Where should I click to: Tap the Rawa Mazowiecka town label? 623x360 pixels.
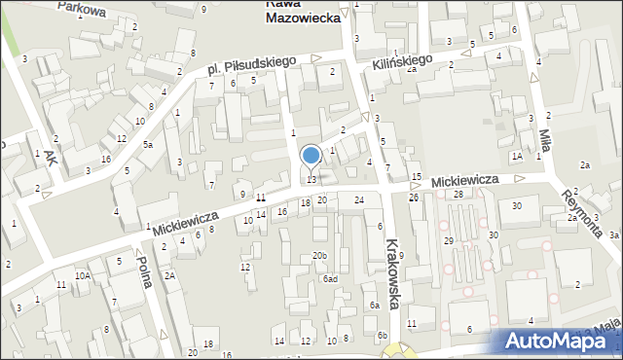(x=303, y=11)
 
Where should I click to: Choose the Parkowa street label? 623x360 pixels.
(x=81, y=9)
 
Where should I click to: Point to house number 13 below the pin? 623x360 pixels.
(x=311, y=179)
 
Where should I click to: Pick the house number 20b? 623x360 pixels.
(x=319, y=256)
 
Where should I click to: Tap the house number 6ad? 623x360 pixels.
(x=330, y=278)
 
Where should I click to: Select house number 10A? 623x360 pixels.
(x=84, y=276)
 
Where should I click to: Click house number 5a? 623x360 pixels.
(x=148, y=145)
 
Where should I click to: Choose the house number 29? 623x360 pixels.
(x=449, y=240)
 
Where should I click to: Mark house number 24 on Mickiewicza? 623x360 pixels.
(x=359, y=199)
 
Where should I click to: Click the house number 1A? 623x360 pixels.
(x=517, y=156)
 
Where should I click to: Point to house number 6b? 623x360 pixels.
(x=383, y=335)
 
